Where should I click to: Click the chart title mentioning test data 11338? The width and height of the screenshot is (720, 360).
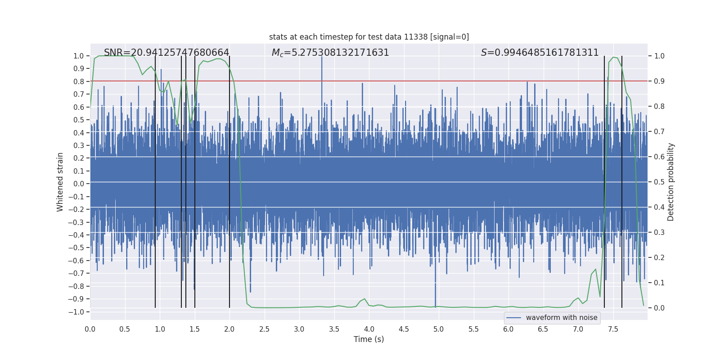point(369,37)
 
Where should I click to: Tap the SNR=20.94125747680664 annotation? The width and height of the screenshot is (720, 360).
point(166,53)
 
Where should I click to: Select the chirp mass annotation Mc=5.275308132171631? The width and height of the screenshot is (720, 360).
point(330,53)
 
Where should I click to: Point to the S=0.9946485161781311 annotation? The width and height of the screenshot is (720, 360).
point(540,53)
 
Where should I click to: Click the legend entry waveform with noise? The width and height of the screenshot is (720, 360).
point(552,318)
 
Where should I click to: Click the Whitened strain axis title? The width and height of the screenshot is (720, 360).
point(60,182)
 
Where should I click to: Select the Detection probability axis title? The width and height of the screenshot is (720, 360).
point(671,182)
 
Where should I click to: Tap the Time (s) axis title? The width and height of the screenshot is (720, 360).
point(369,339)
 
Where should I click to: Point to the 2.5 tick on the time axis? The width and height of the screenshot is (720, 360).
point(264,329)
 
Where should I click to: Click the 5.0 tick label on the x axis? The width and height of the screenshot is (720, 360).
point(439,329)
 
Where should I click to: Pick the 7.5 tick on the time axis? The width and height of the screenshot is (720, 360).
point(613,329)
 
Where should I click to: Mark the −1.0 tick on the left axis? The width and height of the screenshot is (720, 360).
point(78,312)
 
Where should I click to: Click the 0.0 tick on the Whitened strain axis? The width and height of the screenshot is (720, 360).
point(79,184)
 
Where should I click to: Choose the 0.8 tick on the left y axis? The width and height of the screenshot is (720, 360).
point(79,81)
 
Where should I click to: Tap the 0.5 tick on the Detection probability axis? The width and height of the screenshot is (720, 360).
point(659,182)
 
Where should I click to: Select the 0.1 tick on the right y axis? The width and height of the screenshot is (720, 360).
point(659,283)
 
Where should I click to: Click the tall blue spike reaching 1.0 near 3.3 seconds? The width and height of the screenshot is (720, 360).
point(322,63)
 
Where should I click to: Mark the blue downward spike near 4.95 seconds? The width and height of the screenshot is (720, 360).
point(435,297)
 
